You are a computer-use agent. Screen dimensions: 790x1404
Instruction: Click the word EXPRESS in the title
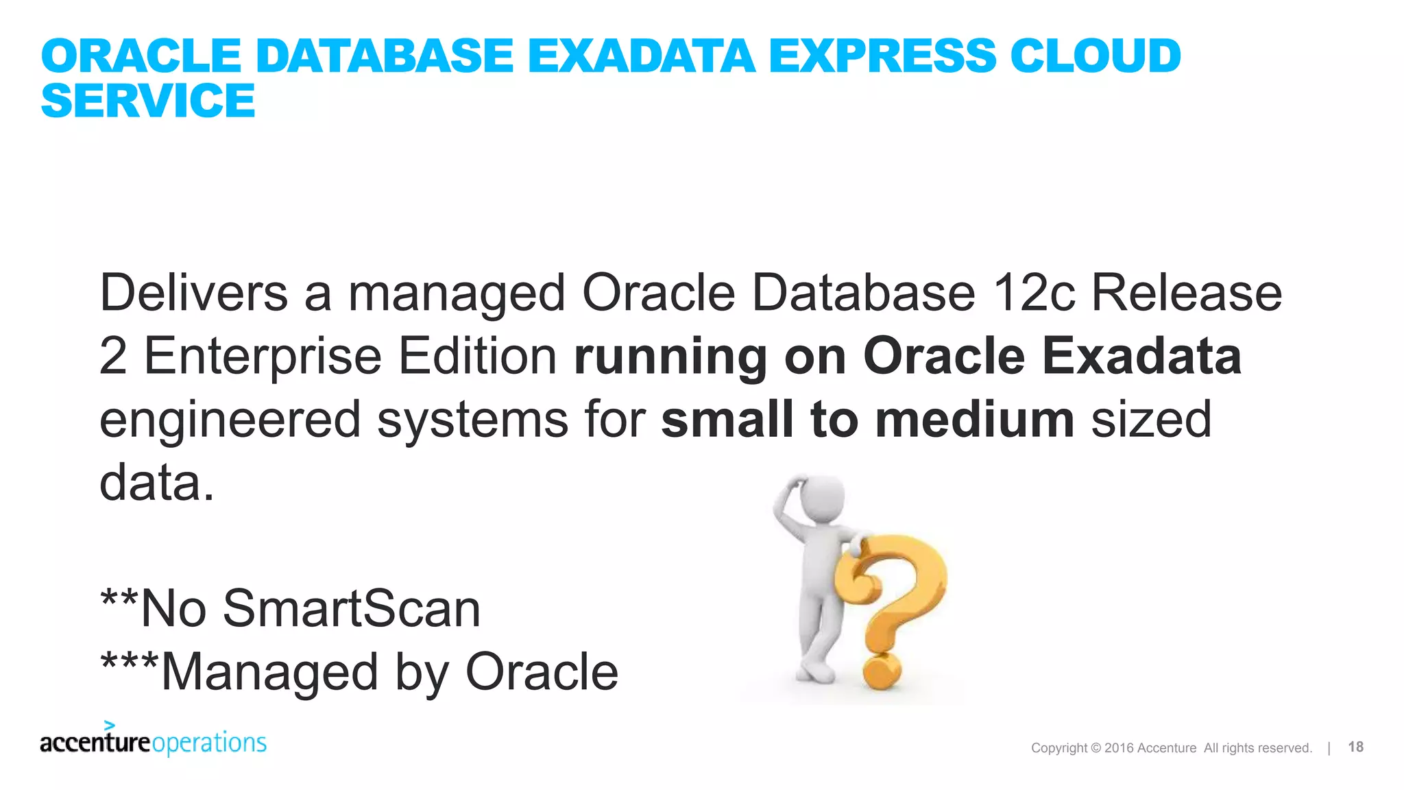coord(881,56)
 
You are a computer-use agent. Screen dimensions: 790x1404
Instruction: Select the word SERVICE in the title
coord(148,101)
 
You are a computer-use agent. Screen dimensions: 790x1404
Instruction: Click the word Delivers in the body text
coord(193,293)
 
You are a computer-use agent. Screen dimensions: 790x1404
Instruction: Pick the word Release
coord(1186,293)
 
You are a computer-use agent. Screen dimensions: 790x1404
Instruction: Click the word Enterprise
coord(263,356)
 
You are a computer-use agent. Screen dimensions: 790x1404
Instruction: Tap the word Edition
coord(478,356)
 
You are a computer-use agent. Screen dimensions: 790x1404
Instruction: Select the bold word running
coord(670,357)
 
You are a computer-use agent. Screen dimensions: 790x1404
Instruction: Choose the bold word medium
coord(974,419)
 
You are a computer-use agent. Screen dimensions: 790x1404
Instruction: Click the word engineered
coord(230,420)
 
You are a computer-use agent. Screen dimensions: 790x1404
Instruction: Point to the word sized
coord(1151,419)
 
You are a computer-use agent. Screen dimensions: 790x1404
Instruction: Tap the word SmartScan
coord(352,608)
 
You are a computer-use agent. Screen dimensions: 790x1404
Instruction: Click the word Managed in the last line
coord(269,672)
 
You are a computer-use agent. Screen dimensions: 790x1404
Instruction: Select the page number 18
coord(1355,747)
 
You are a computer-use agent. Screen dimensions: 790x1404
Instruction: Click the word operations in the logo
coord(209,743)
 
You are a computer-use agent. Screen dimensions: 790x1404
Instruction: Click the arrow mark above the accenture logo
coord(109,725)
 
